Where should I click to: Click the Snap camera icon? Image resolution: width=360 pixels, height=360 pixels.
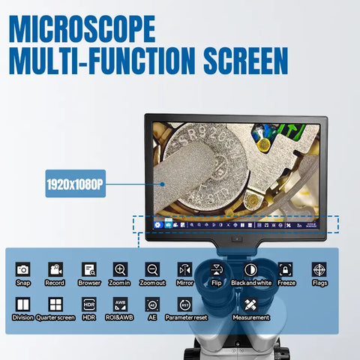[x=23, y=268]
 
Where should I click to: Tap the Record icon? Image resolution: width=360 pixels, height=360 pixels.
[x=55, y=268]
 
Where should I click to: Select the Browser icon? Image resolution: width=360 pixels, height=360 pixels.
[x=88, y=268]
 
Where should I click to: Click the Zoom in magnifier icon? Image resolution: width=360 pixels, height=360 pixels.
[x=120, y=268]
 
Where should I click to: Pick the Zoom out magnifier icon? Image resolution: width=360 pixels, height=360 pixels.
[x=153, y=268]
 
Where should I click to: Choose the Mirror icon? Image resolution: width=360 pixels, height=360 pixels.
[x=185, y=268]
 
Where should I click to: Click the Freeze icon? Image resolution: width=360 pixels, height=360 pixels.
[x=286, y=268]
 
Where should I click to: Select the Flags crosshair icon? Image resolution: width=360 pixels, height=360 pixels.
[x=319, y=268]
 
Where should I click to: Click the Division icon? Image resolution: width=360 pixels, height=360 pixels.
[x=23, y=304]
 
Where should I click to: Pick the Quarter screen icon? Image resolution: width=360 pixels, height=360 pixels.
[x=55, y=304]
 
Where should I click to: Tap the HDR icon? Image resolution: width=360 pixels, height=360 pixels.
[x=88, y=304]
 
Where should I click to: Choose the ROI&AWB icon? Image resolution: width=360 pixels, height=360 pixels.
[x=120, y=304]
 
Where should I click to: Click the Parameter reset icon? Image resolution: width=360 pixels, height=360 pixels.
[x=185, y=304]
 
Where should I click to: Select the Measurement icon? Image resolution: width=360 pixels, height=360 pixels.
[x=251, y=304]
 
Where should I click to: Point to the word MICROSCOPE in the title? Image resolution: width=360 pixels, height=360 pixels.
[x=83, y=29]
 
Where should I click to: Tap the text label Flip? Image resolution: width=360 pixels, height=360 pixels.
[x=217, y=283]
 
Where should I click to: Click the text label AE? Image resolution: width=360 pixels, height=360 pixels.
[x=152, y=317]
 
